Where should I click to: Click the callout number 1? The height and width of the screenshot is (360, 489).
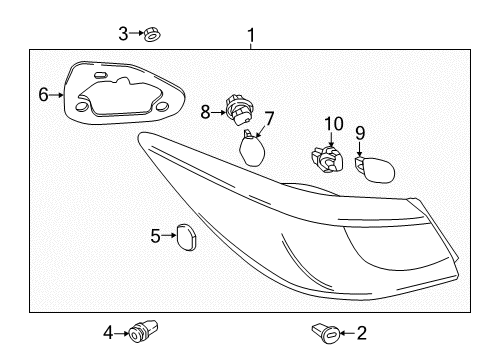(x=250, y=36)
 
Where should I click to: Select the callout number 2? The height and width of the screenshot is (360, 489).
(x=362, y=333)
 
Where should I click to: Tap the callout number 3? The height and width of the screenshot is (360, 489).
(x=124, y=33)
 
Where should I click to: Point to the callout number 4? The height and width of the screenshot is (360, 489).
(x=108, y=332)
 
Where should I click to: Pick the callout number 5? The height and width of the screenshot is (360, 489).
(x=156, y=236)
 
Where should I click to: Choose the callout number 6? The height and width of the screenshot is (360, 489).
(x=43, y=95)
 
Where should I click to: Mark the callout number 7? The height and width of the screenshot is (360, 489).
(x=268, y=120)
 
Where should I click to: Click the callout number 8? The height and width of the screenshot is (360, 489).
(x=206, y=113)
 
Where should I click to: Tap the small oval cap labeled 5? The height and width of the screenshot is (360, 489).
(x=186, y=237)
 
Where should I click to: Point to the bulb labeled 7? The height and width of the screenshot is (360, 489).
(x=255, y=152)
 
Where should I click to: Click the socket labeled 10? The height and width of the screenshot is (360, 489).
(x=324, y=158)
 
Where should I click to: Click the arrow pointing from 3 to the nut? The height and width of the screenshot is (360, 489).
(x=137, y=34)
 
